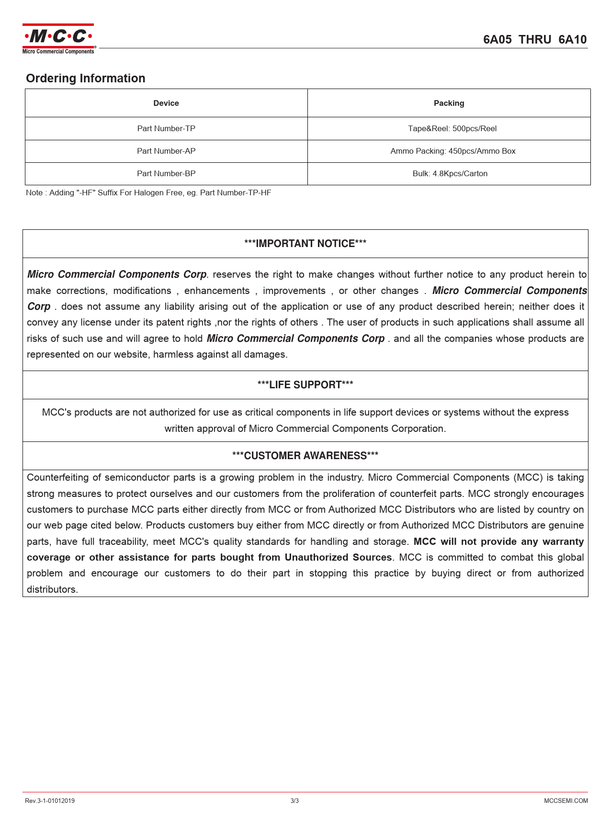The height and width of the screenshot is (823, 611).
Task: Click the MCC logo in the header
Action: tap(58, 38)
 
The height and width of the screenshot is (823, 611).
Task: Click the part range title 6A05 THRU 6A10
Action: tap(534, 40)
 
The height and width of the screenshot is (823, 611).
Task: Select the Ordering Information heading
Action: tap(85, 79)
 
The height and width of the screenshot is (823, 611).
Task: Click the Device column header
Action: tap(166, 103)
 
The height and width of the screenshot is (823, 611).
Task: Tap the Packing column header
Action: tap(449, 103)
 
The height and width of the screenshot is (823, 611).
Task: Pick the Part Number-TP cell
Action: tap(166, 129)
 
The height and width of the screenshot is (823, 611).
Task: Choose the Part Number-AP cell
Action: tap(166, 151)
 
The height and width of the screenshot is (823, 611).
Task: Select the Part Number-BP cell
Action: tap(166, 174)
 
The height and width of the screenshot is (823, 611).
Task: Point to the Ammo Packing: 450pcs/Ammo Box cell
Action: tap(453, 151)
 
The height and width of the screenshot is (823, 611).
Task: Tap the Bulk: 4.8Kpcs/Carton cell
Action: tap(450, 174)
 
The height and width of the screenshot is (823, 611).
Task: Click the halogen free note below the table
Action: tap(148, 193)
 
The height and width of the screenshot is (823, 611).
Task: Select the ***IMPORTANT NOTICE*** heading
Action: tap(305, 244)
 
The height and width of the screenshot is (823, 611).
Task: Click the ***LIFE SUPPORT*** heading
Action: tap(305, 385)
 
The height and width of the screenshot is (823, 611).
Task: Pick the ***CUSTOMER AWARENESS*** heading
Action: tap(305, 456)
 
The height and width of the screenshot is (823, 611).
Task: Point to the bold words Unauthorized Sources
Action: tap(338, 558)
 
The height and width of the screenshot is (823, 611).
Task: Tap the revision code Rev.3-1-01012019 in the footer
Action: tap(49, 801)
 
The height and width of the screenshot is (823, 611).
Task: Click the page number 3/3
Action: tap(294, 801)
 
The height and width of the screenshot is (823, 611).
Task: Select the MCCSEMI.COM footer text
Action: tap(566, 801)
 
